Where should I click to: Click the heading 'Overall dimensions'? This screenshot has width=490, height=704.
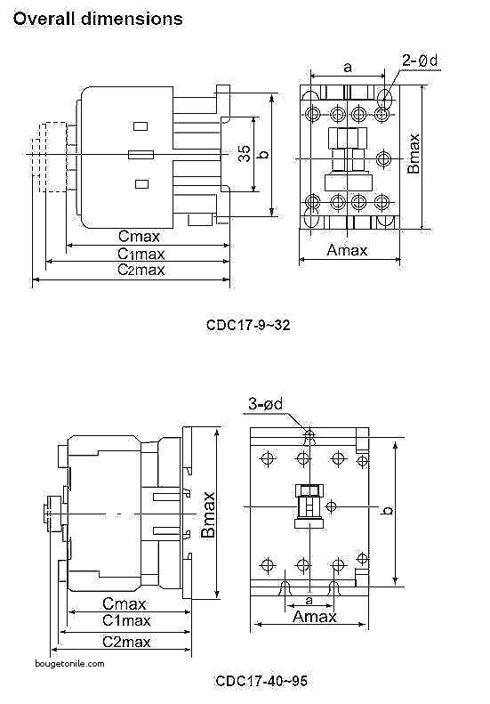point(99,19)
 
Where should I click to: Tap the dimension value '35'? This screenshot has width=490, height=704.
point(244,153)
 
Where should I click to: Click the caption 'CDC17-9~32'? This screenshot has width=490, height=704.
point(248,326)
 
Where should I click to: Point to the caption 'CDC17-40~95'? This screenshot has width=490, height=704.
point(261,681)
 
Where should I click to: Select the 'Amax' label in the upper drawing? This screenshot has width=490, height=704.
point(347,250)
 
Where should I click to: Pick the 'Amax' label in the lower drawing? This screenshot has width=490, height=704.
point(315,617)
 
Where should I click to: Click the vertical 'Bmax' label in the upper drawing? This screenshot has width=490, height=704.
point(414,154)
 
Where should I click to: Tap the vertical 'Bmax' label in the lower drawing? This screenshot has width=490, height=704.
point(208,514)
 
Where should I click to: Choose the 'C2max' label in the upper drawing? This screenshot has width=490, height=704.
point(141,270)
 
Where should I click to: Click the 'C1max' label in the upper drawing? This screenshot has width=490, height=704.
point(141,254)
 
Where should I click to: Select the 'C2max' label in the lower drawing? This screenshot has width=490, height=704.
point(125,641)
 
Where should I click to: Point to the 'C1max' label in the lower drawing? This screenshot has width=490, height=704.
point(125,620)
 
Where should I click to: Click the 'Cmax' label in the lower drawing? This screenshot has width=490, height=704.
point(125,603)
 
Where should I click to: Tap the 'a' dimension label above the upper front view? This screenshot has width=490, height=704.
point(347,67)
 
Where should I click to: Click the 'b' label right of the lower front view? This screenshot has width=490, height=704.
point(388,511)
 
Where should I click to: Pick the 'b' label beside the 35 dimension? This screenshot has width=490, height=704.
point(262,154)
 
